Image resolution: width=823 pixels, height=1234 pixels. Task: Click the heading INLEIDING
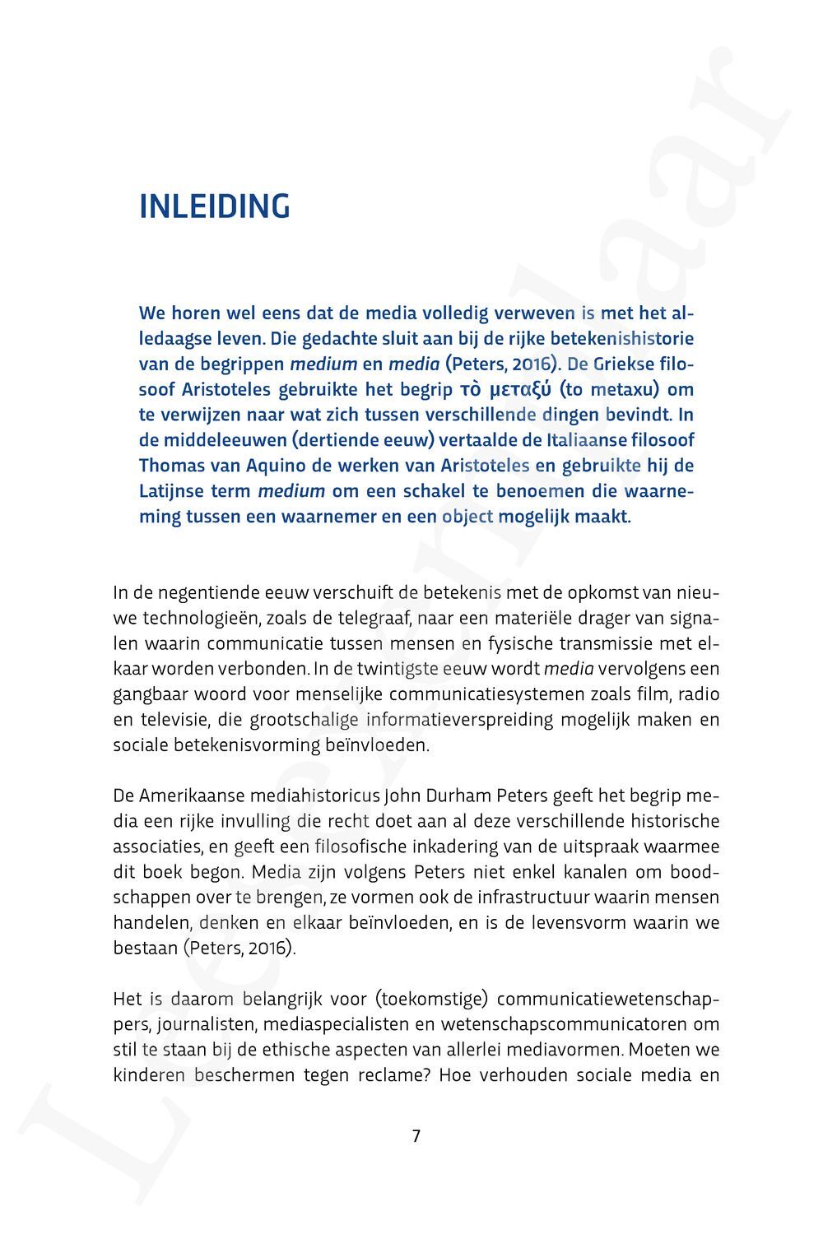pos(215,206)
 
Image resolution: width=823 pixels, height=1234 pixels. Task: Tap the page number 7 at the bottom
pos(416,1136)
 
